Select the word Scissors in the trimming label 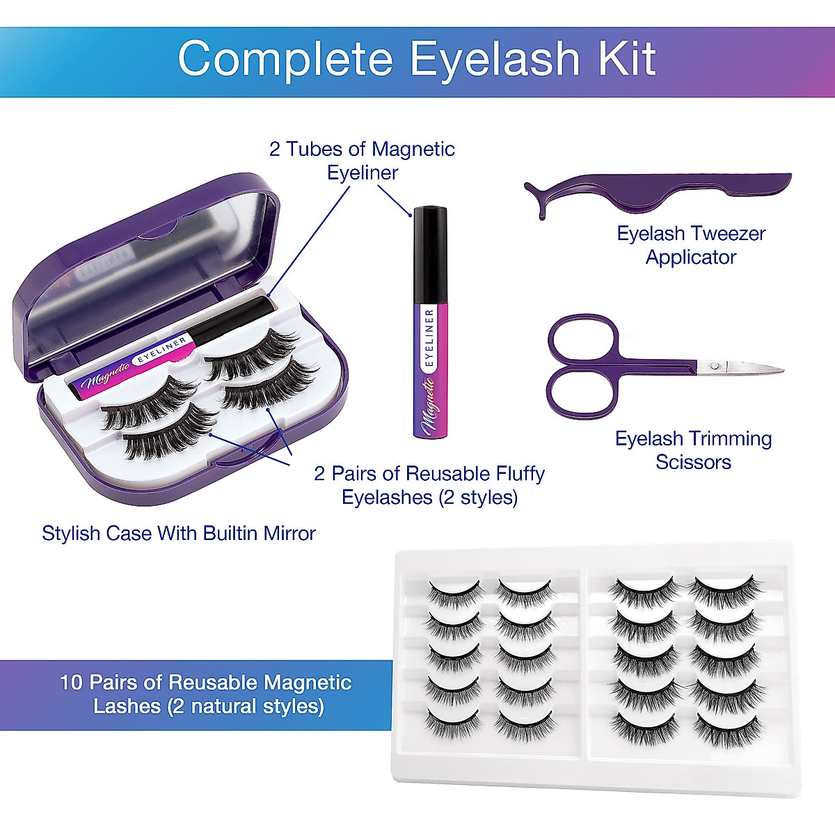tap(693, 462)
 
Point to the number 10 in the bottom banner tap(71, 682)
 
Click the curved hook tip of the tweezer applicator tap(536, 202)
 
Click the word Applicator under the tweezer tap(690, 257)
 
